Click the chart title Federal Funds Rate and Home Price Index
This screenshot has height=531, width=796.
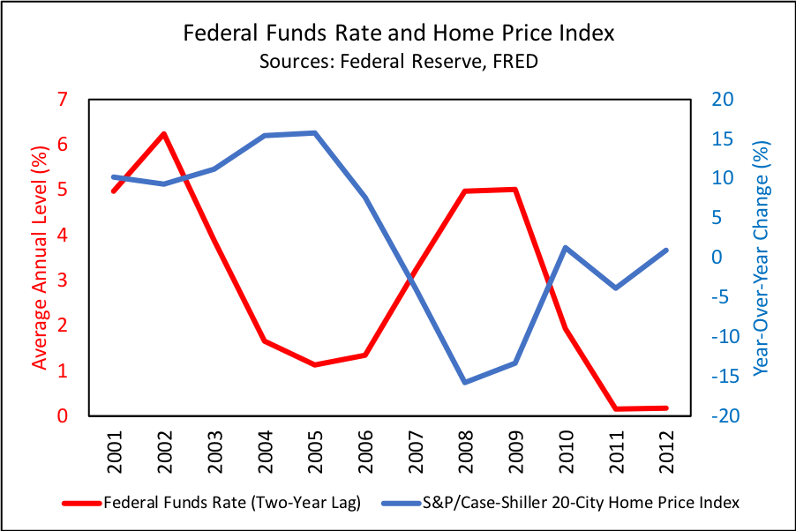[397, 34]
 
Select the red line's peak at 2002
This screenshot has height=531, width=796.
[163, 134]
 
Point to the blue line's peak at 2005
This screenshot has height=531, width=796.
[315, 133]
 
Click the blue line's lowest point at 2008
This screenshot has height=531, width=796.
[464, 382]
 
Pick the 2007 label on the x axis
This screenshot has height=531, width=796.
[415, 451]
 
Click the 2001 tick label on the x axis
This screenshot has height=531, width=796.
[113, 451]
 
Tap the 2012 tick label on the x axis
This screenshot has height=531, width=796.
[665, 451]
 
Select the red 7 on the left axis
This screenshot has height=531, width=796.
[63, 99]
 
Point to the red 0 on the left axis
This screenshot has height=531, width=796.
[63, 415]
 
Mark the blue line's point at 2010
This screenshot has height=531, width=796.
[565, 248]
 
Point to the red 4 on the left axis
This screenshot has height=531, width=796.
[63, 235]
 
